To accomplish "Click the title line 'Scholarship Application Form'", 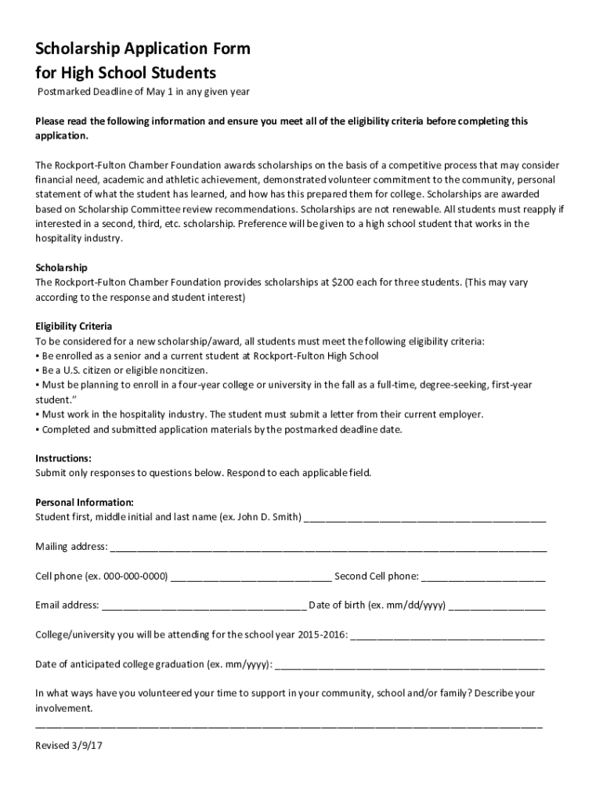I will pos(143,49).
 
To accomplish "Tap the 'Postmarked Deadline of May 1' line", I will pos(144,92).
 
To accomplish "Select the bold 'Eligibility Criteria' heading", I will pos(74,326).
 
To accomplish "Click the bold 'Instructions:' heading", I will pos(63,458).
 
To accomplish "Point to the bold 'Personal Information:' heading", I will pos(85,502).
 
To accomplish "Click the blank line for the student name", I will pos(424,518).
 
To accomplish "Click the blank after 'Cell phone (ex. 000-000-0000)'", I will pos(251,577).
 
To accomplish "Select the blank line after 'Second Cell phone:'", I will pos(483,577).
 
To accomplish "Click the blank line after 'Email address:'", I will pos(204,606).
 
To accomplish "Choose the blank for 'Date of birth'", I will pos(497,606).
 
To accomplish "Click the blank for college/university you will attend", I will pos(447,635).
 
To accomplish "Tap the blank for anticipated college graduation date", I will pos(410,666).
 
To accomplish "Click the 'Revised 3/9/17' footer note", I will pos(69,746).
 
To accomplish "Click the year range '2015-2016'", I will pos(322,634).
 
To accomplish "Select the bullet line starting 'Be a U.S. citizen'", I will pos(124,370).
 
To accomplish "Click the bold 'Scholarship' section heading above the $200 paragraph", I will pos(61,267).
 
